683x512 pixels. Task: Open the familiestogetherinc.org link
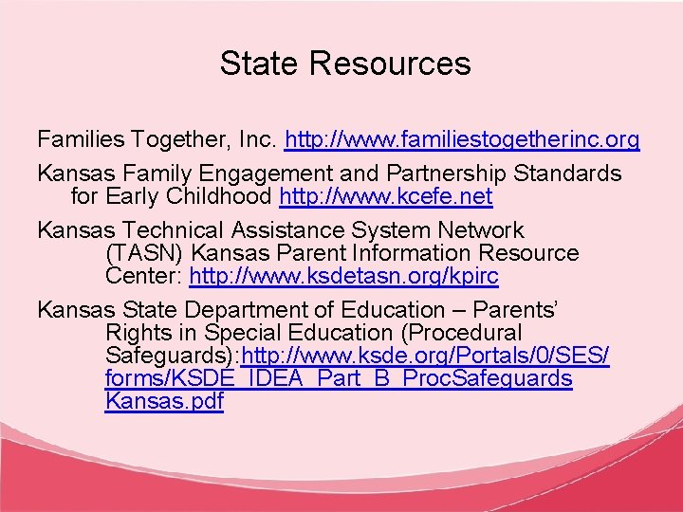pyautogui.click(x=462, y=140)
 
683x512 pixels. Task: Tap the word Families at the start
pyautogui.click(x=81, y=140)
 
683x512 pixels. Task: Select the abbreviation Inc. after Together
pyautogui.click(x=258, y=140)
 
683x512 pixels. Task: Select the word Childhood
pyautogui.click(x=224, y=197)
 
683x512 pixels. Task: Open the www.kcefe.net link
pyautogui.click(x=386, y=197)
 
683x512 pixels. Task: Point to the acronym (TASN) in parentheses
pyautogui.click(x=137, y=254)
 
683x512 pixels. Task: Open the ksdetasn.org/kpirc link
pyautogui.click(x=343, y=277)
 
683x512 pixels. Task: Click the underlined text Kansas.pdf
pyautogui.click(x=165, y=400)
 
